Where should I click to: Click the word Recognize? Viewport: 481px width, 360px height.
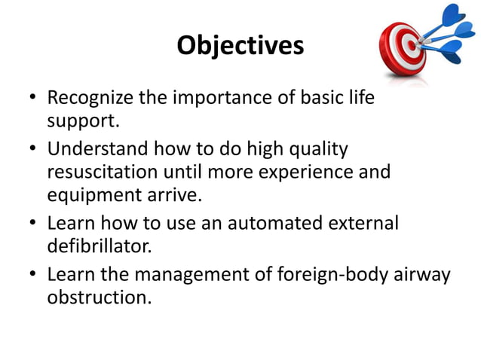(89, 99)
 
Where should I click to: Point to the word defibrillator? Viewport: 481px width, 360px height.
(95, 246)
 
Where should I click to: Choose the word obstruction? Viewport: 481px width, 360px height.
(97, 297)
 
